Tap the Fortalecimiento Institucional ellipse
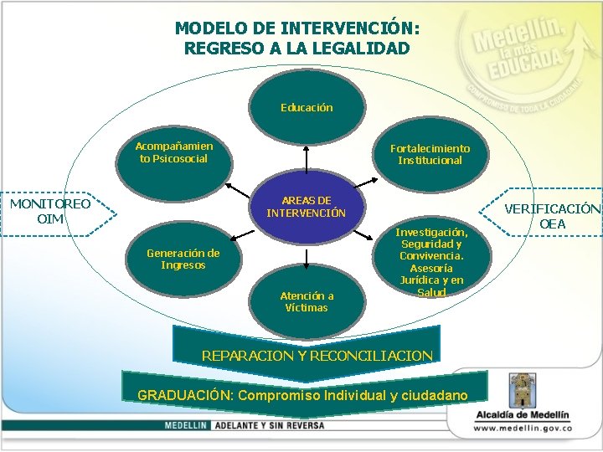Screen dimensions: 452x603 430,154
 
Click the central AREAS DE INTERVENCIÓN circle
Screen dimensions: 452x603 306,207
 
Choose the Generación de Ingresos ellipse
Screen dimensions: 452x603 183,259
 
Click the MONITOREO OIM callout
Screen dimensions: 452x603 50,211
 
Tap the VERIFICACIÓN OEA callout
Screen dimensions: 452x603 553,217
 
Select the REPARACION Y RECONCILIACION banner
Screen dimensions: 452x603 317,355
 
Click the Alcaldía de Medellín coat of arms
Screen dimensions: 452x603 522,389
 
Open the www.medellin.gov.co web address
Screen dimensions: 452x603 522,428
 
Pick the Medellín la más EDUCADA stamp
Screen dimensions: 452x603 528,63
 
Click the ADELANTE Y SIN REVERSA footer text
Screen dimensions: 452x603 268,425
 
